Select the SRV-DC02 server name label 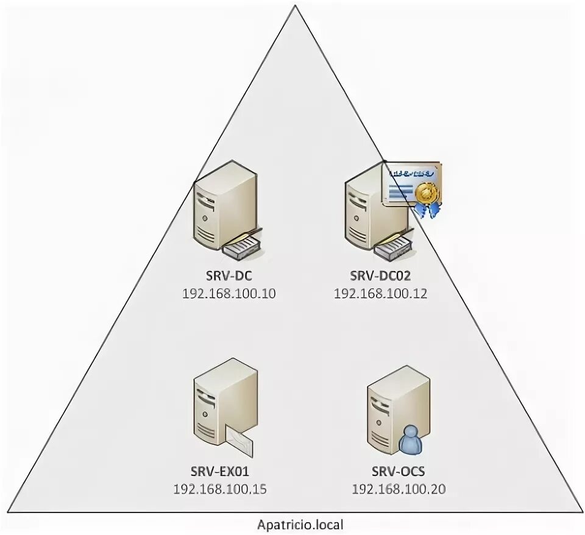pyautogui.click(x=380, y=275)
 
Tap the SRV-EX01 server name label pyautogui.click(x=220, y=471)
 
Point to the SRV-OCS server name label pyautogui.click(x=398, y=471)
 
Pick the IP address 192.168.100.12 pyautogui.click(x=380, y=293)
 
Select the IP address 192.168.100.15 pyautogui.click(x=220, y=489)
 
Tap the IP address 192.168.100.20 pyautogui.click(x=398, y=489)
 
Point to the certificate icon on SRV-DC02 pyautogui.click(x=409, y=185)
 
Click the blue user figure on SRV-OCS pyautogui.click(x=411, y=440)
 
